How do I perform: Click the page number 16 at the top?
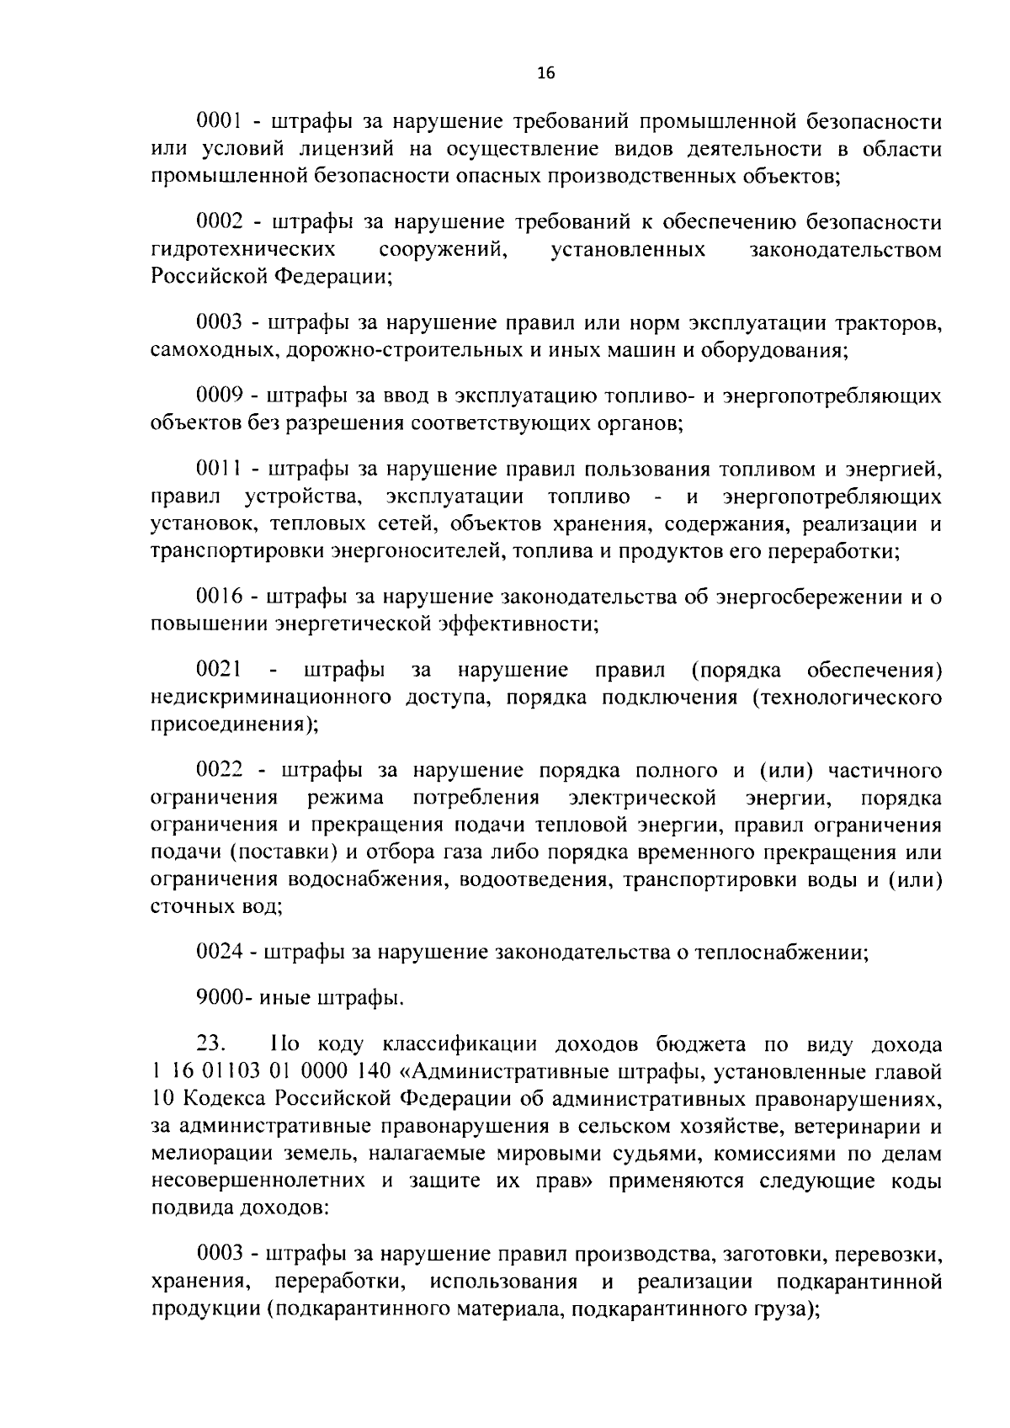click(x=546, y=73)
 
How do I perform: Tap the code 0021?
click(x=219, y=670)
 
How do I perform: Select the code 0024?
click(x=219, y=953)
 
